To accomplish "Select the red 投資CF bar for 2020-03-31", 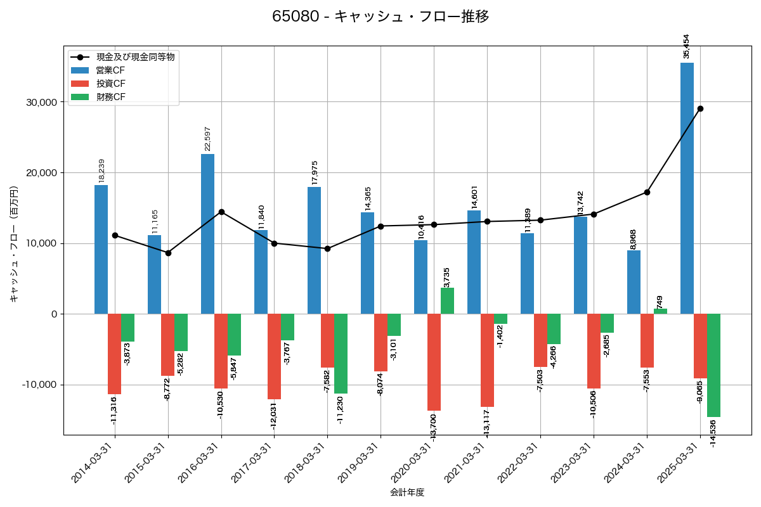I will [434, 362].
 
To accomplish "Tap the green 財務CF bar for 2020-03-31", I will [447, 301].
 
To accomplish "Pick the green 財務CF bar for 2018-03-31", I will [341, 354].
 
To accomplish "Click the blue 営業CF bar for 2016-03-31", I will [207, 234].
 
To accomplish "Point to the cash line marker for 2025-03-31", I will [700, 108].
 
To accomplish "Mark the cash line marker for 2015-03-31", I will [168, 253].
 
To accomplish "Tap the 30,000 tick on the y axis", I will [39, 102].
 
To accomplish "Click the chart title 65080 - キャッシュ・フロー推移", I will [380, 16].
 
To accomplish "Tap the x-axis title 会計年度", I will [407, 492].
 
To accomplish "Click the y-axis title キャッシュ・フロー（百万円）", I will [14, 244].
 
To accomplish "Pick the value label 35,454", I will [686, 46].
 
